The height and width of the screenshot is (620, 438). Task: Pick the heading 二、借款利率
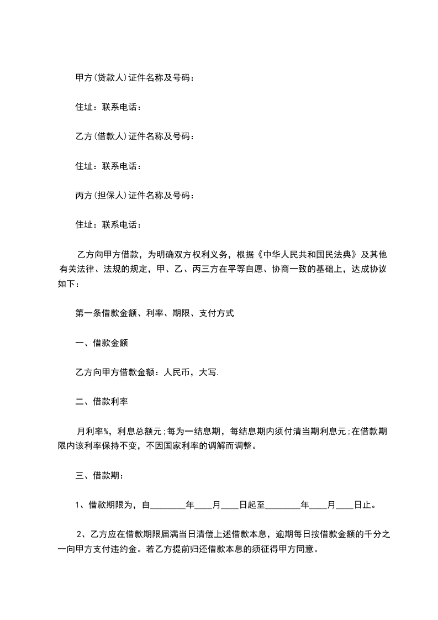[x=102, y=401]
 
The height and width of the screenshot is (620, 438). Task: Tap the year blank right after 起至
[x=283, y=505]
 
